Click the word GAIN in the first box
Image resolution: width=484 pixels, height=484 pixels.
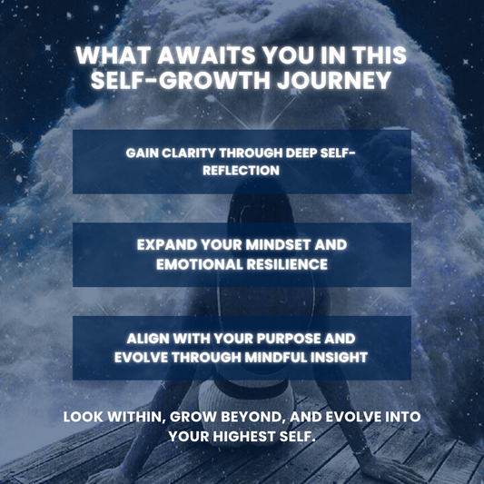143,153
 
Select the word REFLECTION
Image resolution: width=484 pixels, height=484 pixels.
242,169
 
